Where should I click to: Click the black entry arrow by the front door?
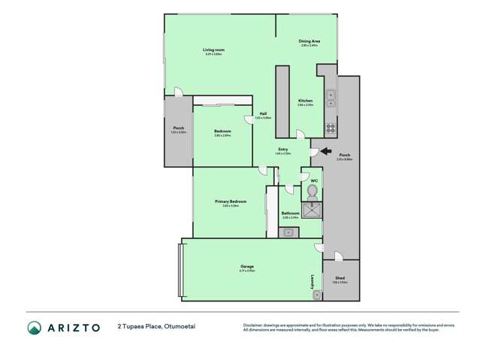[x=325, y=152]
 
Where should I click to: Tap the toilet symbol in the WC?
[x=312, y=192]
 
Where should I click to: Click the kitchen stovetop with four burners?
[x=330, y=127]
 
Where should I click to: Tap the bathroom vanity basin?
[x=288, y=231]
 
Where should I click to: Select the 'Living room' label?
[x=213, y=50]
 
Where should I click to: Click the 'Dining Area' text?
[x=309, y=41]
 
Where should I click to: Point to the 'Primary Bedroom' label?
[x=231, y=201]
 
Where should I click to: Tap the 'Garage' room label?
[x=246, y=267]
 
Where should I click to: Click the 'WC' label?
[x=316, y=179]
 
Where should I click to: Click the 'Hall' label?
[x=263, y=114]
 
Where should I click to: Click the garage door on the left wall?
[x=180, y=269]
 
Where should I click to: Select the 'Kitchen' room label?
[x=305, y=101]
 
